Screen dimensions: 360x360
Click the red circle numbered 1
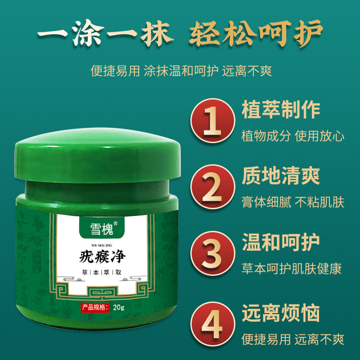point(212,121)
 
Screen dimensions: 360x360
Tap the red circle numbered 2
point(212,187)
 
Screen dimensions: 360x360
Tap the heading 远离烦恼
point(280,313)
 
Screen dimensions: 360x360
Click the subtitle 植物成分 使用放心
point(293,136)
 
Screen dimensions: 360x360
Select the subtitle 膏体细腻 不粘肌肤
point(293,202)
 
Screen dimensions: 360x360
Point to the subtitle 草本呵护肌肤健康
point(292,268)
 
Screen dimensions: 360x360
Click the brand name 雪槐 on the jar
point(102,229)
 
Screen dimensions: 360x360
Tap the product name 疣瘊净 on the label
point(102,256)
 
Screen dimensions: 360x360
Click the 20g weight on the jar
point(118,307)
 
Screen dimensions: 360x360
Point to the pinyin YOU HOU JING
point(102,245)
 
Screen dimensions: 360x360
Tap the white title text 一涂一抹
point(105,33)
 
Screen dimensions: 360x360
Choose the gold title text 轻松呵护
point(256,33)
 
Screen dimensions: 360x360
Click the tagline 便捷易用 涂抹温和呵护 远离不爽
point(181,71)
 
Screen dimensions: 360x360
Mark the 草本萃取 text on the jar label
point(102,272)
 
